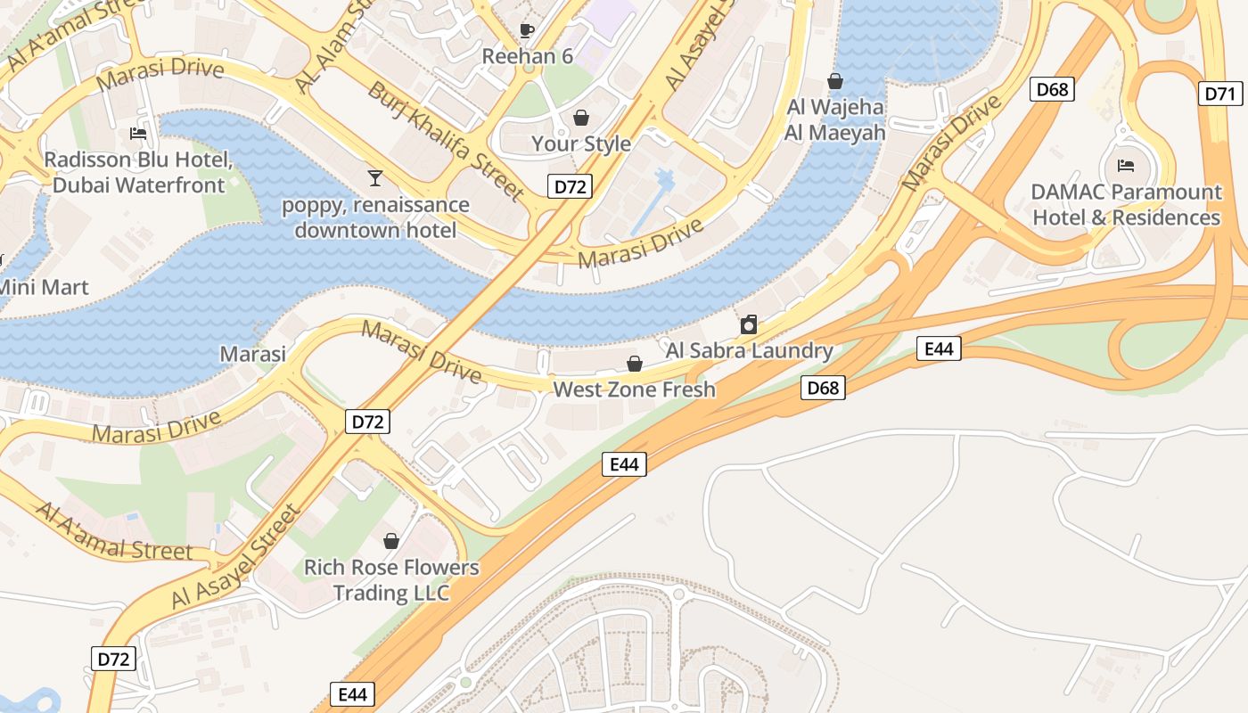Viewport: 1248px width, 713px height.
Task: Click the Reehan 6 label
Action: [527, 56]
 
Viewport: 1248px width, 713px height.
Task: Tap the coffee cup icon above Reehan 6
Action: [527, 31]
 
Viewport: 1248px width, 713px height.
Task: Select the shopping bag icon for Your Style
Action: [581, 118]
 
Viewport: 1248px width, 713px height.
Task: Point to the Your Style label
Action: [581, 143]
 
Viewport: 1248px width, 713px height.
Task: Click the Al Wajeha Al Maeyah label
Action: [835, 120]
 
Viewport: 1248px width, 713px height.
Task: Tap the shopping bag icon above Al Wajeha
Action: [835, 82]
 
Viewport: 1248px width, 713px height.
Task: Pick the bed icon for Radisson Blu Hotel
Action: [138, 134]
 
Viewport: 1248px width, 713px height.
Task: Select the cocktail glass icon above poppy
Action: [375, 178]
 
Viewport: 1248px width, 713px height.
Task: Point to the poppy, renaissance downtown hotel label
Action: [375, 217]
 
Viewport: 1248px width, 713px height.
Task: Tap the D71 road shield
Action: [1221, 94]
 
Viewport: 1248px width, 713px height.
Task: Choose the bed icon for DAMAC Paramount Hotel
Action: [1126, 166]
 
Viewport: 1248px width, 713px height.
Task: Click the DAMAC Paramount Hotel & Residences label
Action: [1126, 205]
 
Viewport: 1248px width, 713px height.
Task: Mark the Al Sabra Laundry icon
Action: [749, 324]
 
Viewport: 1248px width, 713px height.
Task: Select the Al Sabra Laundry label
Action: [749, 350]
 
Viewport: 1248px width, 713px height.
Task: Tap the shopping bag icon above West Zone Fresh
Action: [635, 364]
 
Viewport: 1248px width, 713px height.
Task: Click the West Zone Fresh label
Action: [635, 389]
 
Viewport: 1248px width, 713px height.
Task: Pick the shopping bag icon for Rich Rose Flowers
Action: [390, 541]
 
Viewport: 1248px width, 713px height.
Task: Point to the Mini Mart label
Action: [44, 288]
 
